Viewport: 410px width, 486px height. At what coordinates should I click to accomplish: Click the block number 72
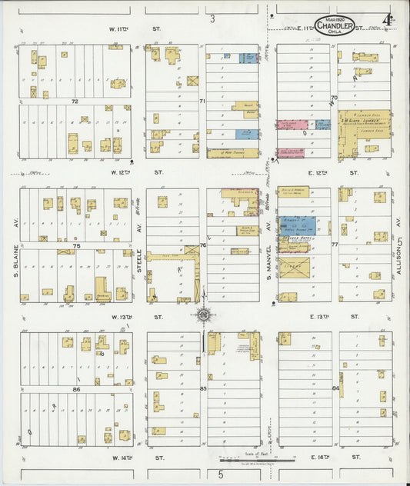[x=75, y=101]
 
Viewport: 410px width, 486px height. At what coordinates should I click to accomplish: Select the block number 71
[x=202, y=101]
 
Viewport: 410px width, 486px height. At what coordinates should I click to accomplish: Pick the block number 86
[x=75, y=390]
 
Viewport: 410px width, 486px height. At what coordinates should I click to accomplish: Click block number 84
[x=335, y=388]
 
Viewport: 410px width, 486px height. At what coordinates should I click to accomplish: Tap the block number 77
[x=335, y=245]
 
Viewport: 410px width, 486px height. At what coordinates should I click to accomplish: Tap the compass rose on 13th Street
[x=204, y=315]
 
